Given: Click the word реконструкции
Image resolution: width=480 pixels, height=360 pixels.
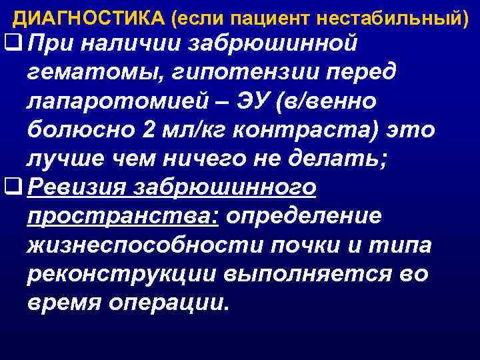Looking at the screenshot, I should click(x=126, y=275).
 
